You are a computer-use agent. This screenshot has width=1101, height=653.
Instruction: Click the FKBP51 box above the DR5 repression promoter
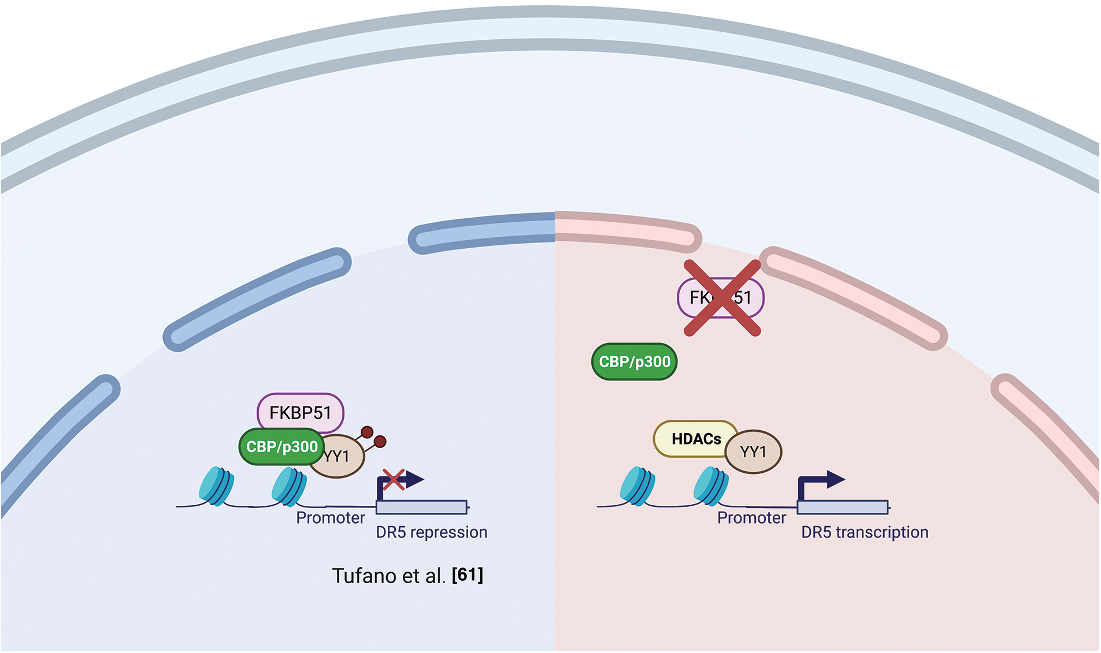(x=300, y=412)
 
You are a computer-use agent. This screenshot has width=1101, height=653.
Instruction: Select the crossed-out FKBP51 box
(x=721, y=297)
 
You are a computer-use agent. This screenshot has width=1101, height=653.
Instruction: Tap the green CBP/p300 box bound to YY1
(x=281, y=446)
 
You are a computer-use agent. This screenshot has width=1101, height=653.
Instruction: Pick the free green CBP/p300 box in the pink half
(x=634, y=362)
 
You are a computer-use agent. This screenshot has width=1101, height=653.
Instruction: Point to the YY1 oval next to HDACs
(x=754, y=451)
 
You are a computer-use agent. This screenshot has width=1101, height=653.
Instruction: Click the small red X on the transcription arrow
(x=394, y=479)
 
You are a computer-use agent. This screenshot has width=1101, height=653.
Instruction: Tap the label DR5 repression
(x=431, y=532)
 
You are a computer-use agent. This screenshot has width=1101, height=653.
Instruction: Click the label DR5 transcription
(x=865, y=532)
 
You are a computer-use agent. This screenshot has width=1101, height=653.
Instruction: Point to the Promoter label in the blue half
(x=330, y=517)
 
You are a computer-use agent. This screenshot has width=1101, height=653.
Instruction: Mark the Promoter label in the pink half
(x=751, y=517)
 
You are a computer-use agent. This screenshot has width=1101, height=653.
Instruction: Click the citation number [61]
(x=468, y=575)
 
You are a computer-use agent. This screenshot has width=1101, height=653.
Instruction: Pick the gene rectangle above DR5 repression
(x=421, y=507)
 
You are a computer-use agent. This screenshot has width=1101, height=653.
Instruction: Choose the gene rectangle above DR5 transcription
(x=843, y=507)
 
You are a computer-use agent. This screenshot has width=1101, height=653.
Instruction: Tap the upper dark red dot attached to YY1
(x=366, y=432)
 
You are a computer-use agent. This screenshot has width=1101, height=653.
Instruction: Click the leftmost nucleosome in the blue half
(x=216, y=486)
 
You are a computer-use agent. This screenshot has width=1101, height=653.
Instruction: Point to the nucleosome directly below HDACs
(x=711, y=486)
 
